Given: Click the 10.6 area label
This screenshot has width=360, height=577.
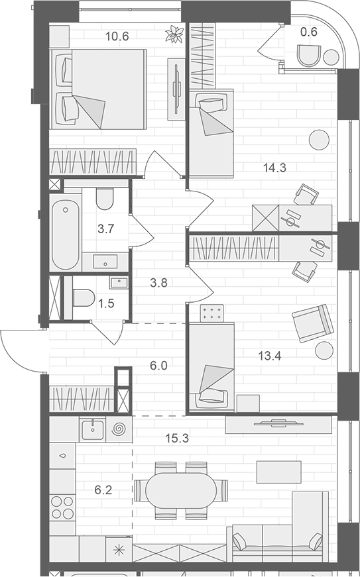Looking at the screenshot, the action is tap(117, 36).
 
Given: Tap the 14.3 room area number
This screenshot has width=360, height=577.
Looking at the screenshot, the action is tap(274, 168).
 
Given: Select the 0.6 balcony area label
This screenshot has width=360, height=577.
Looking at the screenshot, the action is tap(308, 32).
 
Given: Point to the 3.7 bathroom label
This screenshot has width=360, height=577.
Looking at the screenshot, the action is tap(105, 229).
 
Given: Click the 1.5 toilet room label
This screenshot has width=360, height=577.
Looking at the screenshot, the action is tap(106, 303).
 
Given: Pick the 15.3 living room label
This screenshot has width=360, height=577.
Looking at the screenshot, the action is tap(177, 439).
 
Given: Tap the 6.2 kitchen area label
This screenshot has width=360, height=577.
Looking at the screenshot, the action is tap(103, 490).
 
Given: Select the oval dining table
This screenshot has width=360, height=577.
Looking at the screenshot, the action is tap(181, 490).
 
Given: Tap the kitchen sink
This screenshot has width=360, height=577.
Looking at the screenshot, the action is tap(92, 429).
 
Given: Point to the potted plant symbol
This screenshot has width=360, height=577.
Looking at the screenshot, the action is tap(174, 34).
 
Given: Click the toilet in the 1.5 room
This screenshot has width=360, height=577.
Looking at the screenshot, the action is tap(84, 297).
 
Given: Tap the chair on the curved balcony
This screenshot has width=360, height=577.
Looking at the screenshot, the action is tap(308, 56).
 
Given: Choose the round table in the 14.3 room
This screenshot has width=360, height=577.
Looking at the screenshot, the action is tap(318, 140).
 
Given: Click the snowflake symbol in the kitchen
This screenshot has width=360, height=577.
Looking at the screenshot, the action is tap(119, 550).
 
